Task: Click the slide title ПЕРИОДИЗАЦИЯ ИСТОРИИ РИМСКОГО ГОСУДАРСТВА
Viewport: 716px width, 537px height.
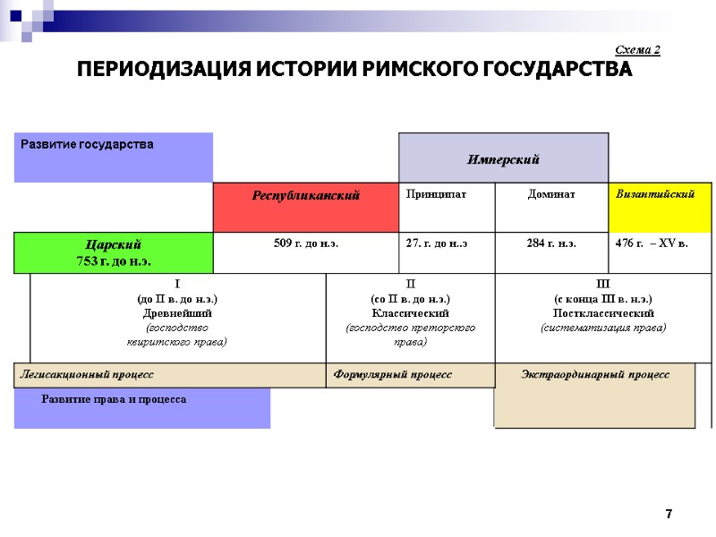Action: click(354, 70)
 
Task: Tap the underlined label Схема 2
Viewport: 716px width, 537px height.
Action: click(638, 49)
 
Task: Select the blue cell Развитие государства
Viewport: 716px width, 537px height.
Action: click(114, 157)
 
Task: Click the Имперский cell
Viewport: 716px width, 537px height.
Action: click(503, 159)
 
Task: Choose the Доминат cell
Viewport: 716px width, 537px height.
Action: click(551, 194)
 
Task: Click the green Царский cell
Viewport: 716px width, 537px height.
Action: click(114, 252)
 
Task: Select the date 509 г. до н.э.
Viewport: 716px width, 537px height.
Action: click(305, 243)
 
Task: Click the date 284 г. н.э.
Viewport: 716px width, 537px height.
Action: click(551, 243)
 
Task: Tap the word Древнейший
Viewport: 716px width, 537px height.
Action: click(178, 313)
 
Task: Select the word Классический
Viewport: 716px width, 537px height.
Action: click(410, 313)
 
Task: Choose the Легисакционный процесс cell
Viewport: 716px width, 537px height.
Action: click(170, 375)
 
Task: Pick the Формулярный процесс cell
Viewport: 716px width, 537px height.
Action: click(410, 375)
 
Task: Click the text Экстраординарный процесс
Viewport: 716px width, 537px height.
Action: click(595, 374)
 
